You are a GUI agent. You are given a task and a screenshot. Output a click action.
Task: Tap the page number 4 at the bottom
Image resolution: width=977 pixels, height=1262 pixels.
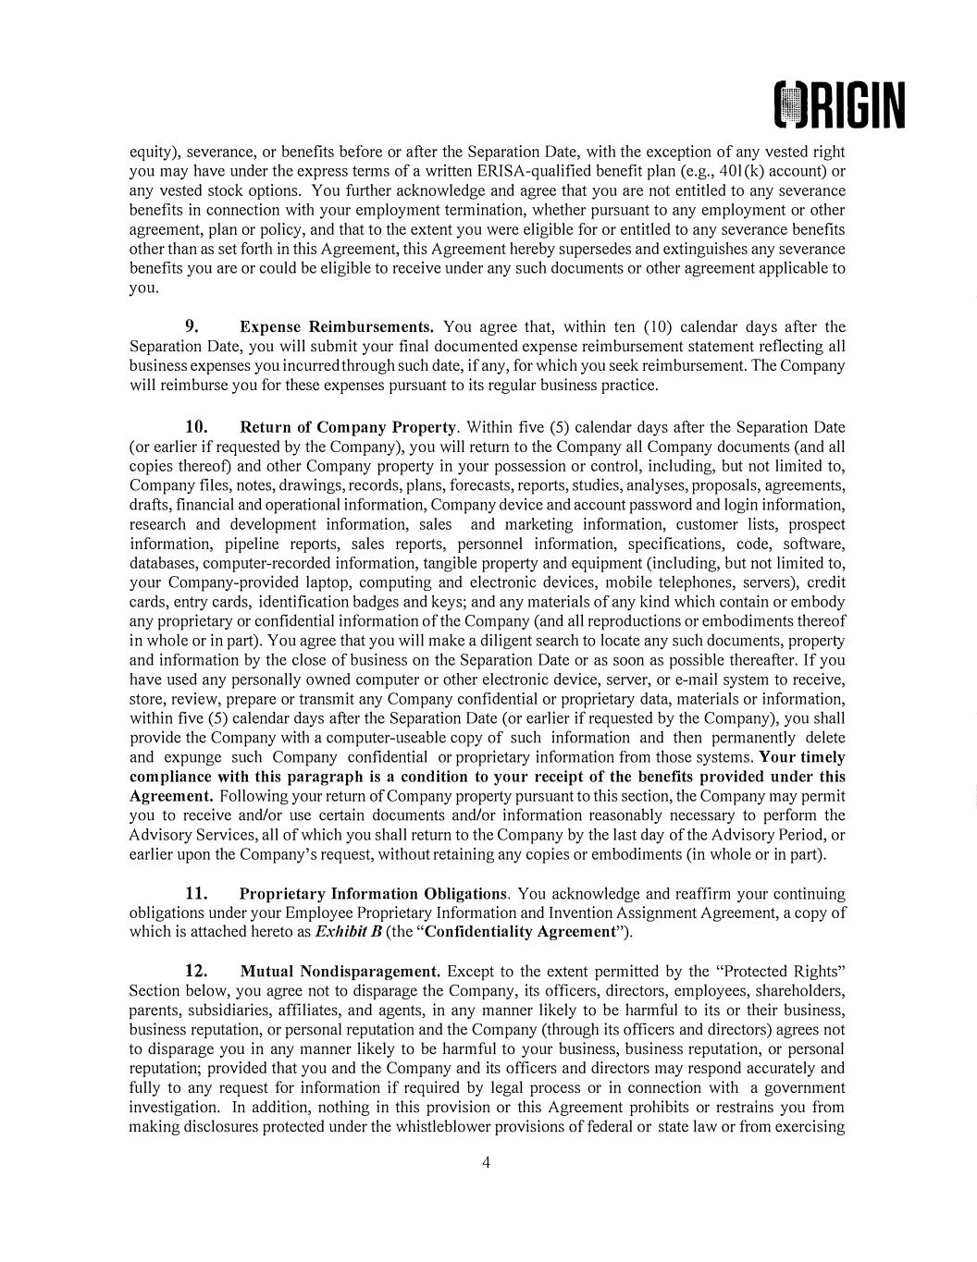pyautogui.click(x=487, y=1162)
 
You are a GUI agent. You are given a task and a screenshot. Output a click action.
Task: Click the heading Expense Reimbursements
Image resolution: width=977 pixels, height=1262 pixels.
pyautogui.click(x=337, y=327)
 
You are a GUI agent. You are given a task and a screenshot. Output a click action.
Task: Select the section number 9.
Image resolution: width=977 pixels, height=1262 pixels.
pyautogui.click(x=194, y=326)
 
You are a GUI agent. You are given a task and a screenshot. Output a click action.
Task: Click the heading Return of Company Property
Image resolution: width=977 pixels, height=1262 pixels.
pyautogui.click(x=348, y=427)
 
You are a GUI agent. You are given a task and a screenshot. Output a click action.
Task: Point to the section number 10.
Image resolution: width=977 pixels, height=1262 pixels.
pyautogui.click(x=196, y=427)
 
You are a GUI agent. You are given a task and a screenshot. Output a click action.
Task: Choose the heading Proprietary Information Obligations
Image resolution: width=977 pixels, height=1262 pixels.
pyautogui.click(x=373, y=894)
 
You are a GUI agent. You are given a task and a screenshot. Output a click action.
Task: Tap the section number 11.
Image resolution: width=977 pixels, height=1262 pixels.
pyautogui.click(x=196, y=894)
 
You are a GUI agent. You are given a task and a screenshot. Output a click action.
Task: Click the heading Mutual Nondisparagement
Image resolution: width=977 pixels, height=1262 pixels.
pyautogui.click(x=340, y=972)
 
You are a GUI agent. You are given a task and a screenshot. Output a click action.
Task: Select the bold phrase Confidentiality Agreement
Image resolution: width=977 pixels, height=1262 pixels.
pyautogui.click(x=525, y=932)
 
